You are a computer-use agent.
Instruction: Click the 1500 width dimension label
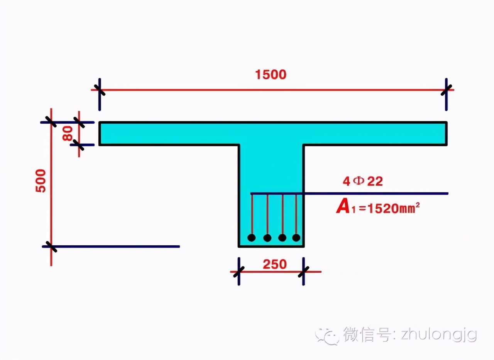[x=271, y=75]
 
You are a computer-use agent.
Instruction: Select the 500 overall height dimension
[x=41, y=180]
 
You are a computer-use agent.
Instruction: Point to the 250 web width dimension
[x=275, y=264]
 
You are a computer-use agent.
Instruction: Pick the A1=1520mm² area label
[x=378, y=208]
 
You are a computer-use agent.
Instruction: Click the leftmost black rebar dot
[x=252, y=238]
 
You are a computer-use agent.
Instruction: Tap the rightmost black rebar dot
[x=296, y=238]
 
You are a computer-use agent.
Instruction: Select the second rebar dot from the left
[x=267, y=238]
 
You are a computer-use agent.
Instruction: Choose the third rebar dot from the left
[x=282, y=238]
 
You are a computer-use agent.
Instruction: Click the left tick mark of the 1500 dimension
[x=100, y=90]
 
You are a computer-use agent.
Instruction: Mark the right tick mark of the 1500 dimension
[x=447, y=90]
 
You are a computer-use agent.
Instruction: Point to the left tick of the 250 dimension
[x=239, y=272]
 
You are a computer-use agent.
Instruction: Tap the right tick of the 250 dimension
[x=304, y=272]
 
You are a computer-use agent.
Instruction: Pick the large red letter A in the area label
[x=343, y=207]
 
